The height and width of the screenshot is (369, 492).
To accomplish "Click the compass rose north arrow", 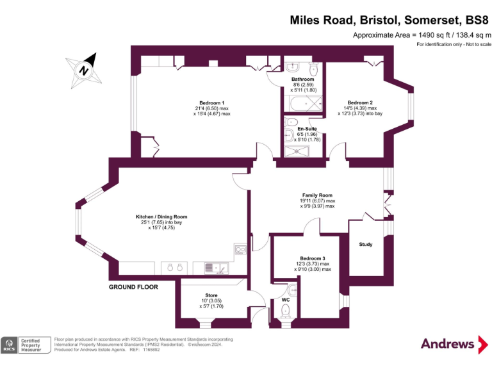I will click(x=84, y=67).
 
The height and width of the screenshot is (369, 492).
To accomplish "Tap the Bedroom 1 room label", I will click(x=211, y=103).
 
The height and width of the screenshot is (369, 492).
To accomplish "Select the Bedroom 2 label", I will click(x=359, y=103).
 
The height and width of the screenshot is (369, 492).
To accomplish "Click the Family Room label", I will click(x=317, y=195).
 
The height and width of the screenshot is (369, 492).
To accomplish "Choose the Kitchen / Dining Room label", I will click(x=161, y=217).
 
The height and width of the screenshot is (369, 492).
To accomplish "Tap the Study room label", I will click(x=365, y=244).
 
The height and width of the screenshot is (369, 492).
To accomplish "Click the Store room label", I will click(x=211, y=295).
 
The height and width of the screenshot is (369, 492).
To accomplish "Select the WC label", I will click(x=286, y=299).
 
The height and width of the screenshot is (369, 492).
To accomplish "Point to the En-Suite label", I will click(x=307, y=129).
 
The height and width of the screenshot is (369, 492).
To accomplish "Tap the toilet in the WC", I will click(x=286, y=311).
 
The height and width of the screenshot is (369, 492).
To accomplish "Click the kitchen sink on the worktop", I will click(x=213, y=267).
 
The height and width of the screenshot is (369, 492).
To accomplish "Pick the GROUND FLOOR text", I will click(x=133, y=287).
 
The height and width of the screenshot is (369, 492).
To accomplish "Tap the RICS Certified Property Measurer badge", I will click(x=26, y=345).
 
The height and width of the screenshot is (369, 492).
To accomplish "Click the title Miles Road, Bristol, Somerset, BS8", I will click(x=390, y=20).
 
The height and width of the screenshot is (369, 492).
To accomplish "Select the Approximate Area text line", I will click(x=422, y=35).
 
